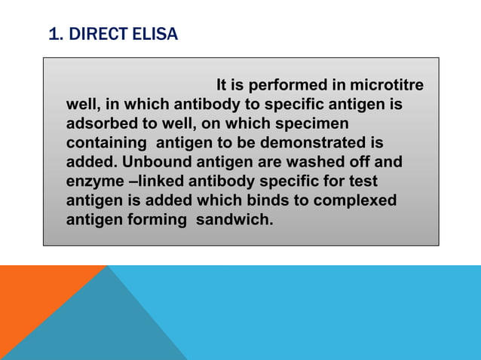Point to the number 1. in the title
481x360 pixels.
pos(55,34)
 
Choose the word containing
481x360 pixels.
pos(106,142)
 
